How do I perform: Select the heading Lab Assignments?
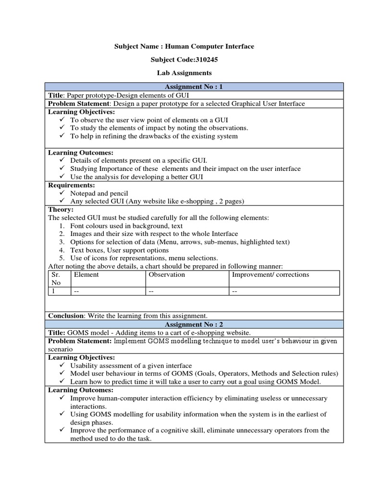(x=184, y=73)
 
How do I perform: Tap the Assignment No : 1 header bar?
(x=194, y=87)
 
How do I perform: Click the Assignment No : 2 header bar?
(x=194, y=324)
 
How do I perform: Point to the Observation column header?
(x=167, y=274)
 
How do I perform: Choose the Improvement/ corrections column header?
(x=271, y=274)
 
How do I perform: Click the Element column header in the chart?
(x=86, y=274)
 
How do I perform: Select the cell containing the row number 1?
(x=53, y=291)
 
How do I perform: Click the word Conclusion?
(x=66, y=315)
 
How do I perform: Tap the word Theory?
(x=61, y=209)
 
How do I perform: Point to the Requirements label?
(x=72, y=185)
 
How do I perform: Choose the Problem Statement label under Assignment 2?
(x=79, y=341)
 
